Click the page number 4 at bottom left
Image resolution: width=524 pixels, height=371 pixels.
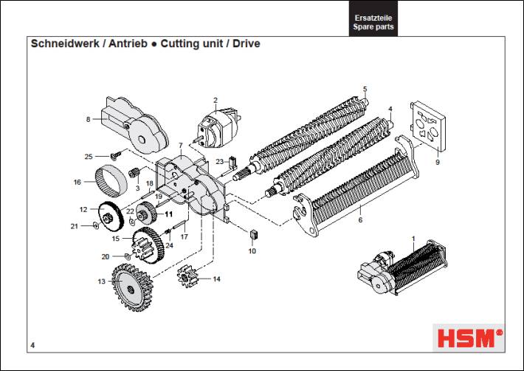click(33, 345)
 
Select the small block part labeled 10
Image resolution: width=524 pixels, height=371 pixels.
click(252, 235)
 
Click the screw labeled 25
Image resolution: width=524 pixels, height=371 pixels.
click(115, 155)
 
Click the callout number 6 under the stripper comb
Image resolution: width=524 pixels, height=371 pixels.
click(359, 220)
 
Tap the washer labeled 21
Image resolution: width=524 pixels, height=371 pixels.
click(96, 225)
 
